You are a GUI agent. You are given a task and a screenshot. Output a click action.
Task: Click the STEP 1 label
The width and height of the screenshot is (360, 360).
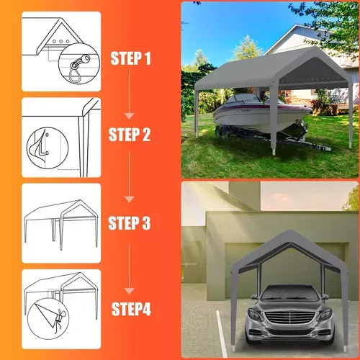(x=131, y=58)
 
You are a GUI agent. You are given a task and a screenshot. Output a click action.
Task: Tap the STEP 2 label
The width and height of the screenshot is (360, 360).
(x=130, y=135)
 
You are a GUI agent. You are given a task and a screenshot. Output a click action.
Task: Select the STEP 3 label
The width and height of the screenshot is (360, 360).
(x=130, y=223)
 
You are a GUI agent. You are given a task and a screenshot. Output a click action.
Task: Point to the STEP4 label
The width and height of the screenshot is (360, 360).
(x=131, y=309)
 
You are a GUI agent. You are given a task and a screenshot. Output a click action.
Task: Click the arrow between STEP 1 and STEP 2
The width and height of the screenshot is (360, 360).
(x=130, y=94)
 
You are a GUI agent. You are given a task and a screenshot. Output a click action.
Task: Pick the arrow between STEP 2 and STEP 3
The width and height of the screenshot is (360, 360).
(x=130, y=177)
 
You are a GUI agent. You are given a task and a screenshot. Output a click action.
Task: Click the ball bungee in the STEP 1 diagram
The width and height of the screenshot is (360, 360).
(x=78, y=66)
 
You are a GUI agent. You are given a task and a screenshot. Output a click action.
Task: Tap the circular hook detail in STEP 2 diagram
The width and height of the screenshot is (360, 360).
(x=48, y=148)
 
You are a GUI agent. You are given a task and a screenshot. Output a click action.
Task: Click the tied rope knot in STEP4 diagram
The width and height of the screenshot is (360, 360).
(x=58, y=319)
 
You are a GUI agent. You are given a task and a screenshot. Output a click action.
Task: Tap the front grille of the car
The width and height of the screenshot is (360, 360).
(x=290, y=318)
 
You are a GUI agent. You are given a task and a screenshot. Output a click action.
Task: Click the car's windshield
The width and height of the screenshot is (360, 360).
(x=290, y=295)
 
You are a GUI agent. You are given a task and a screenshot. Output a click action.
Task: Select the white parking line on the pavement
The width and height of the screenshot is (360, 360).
(x=222, y=333)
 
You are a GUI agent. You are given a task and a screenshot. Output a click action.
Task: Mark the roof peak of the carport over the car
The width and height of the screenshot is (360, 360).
(x=290, y=232)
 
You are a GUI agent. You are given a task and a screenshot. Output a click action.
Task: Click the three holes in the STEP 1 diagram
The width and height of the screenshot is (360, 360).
(x=61, y=42)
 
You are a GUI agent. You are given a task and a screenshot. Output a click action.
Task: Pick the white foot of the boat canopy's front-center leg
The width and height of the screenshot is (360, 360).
(x=274, y=152)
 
